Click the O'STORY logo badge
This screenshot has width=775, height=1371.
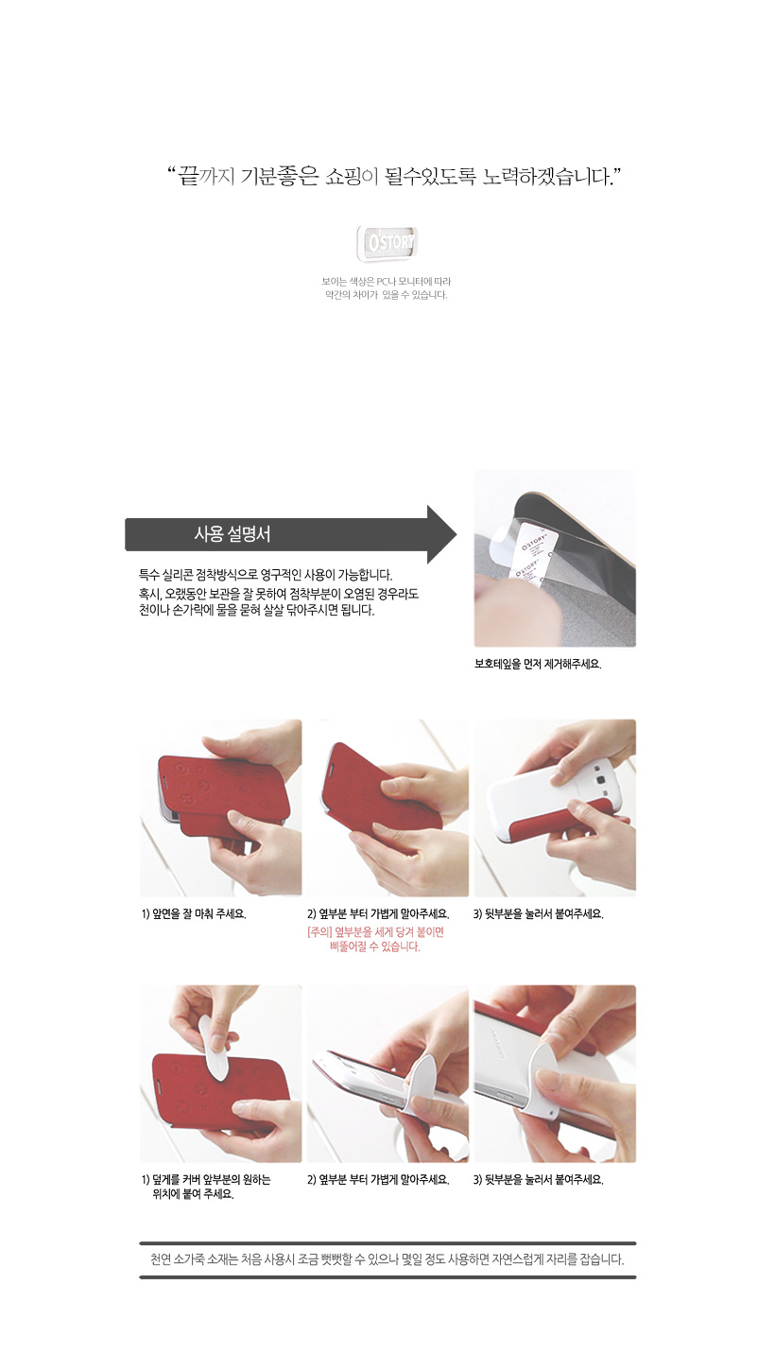(x=387, y=243)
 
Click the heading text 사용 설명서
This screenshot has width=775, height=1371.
(x=232, y=534)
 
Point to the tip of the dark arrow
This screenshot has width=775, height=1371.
(x=456, y=534)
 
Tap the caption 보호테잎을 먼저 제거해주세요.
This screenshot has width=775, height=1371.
(x=538, y=664)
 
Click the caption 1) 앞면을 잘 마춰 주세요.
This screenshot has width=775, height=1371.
(x=194, y=913)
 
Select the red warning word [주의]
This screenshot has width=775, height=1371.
(x=319, y=931)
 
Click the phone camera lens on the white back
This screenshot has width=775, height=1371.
(x=601, y=780)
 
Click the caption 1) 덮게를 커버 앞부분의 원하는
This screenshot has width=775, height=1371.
(x=205, y=1179)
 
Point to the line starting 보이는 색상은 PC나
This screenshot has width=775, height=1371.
(x=386, y=282)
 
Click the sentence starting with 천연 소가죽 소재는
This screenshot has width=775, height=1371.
(x=387, y=1259)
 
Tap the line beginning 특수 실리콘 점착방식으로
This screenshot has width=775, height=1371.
(x=266, y=575)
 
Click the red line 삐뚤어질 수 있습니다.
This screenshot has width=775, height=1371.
(x=375, y=946)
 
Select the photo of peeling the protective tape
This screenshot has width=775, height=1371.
(x=555, y=558)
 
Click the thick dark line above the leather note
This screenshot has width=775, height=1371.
(x=387, y=1243)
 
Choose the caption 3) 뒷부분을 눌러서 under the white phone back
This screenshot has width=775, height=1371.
(x=539, y=913)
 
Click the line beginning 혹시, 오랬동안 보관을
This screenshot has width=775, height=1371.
(x=278, y=594)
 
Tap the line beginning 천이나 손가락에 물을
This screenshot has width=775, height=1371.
(x=256, y=610)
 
